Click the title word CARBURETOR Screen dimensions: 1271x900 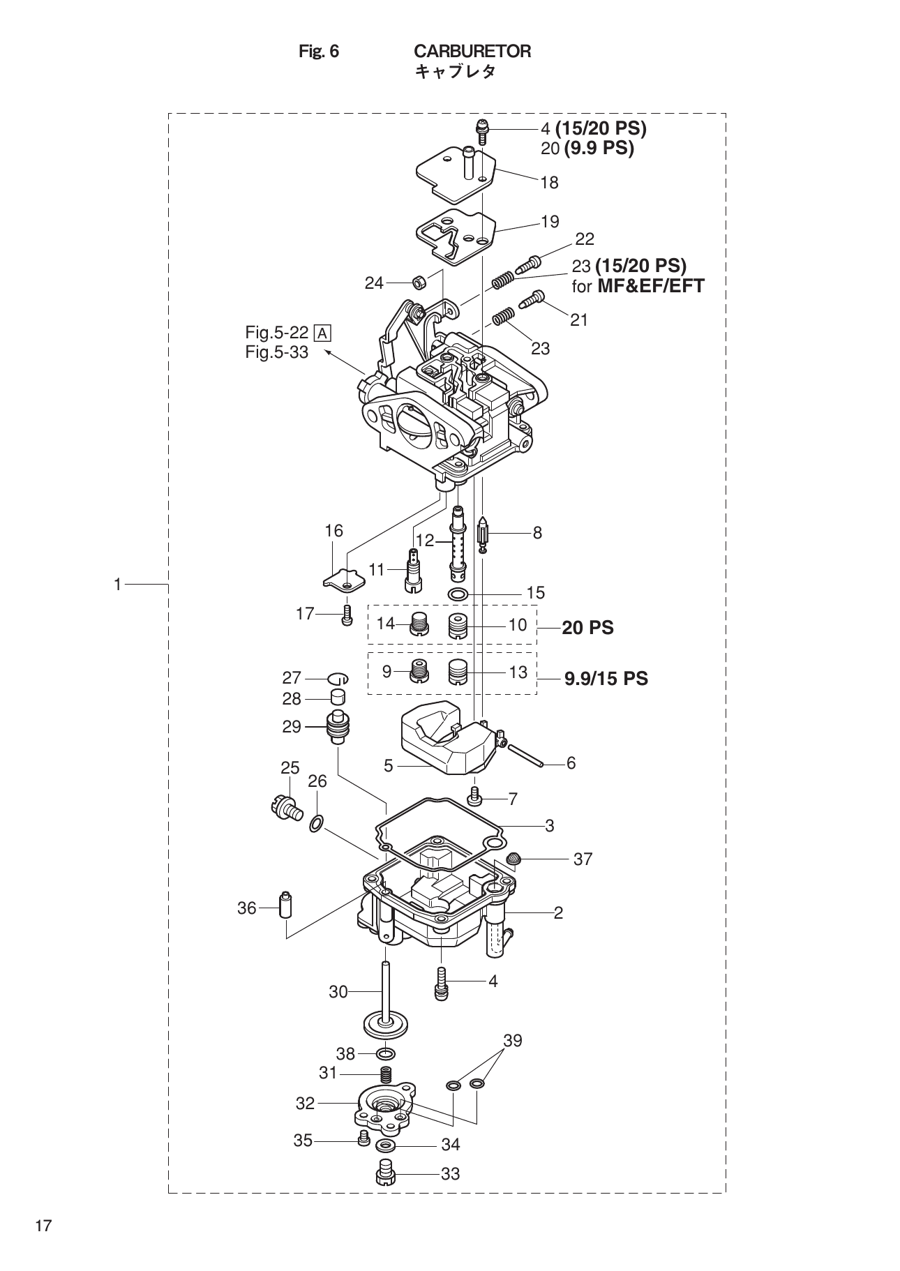click(472, 52)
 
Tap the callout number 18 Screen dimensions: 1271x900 click(549, 183)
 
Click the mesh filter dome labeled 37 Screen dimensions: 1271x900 click(513, 859)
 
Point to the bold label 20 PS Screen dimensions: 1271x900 click(587, 628)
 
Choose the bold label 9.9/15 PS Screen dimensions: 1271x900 click(606, 678)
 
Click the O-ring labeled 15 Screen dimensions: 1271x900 click(458, 594)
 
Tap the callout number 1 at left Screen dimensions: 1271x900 click(118, 584)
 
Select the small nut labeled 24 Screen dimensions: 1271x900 click(420, 283)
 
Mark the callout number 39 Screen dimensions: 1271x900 click(512, 1040)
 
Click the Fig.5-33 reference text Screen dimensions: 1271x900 click(276, 352)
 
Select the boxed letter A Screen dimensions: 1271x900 click(322, 333)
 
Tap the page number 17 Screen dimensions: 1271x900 click(43, 1225)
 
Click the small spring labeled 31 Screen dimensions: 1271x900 click(385, 1075)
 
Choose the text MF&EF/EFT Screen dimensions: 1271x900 click(651, 285)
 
